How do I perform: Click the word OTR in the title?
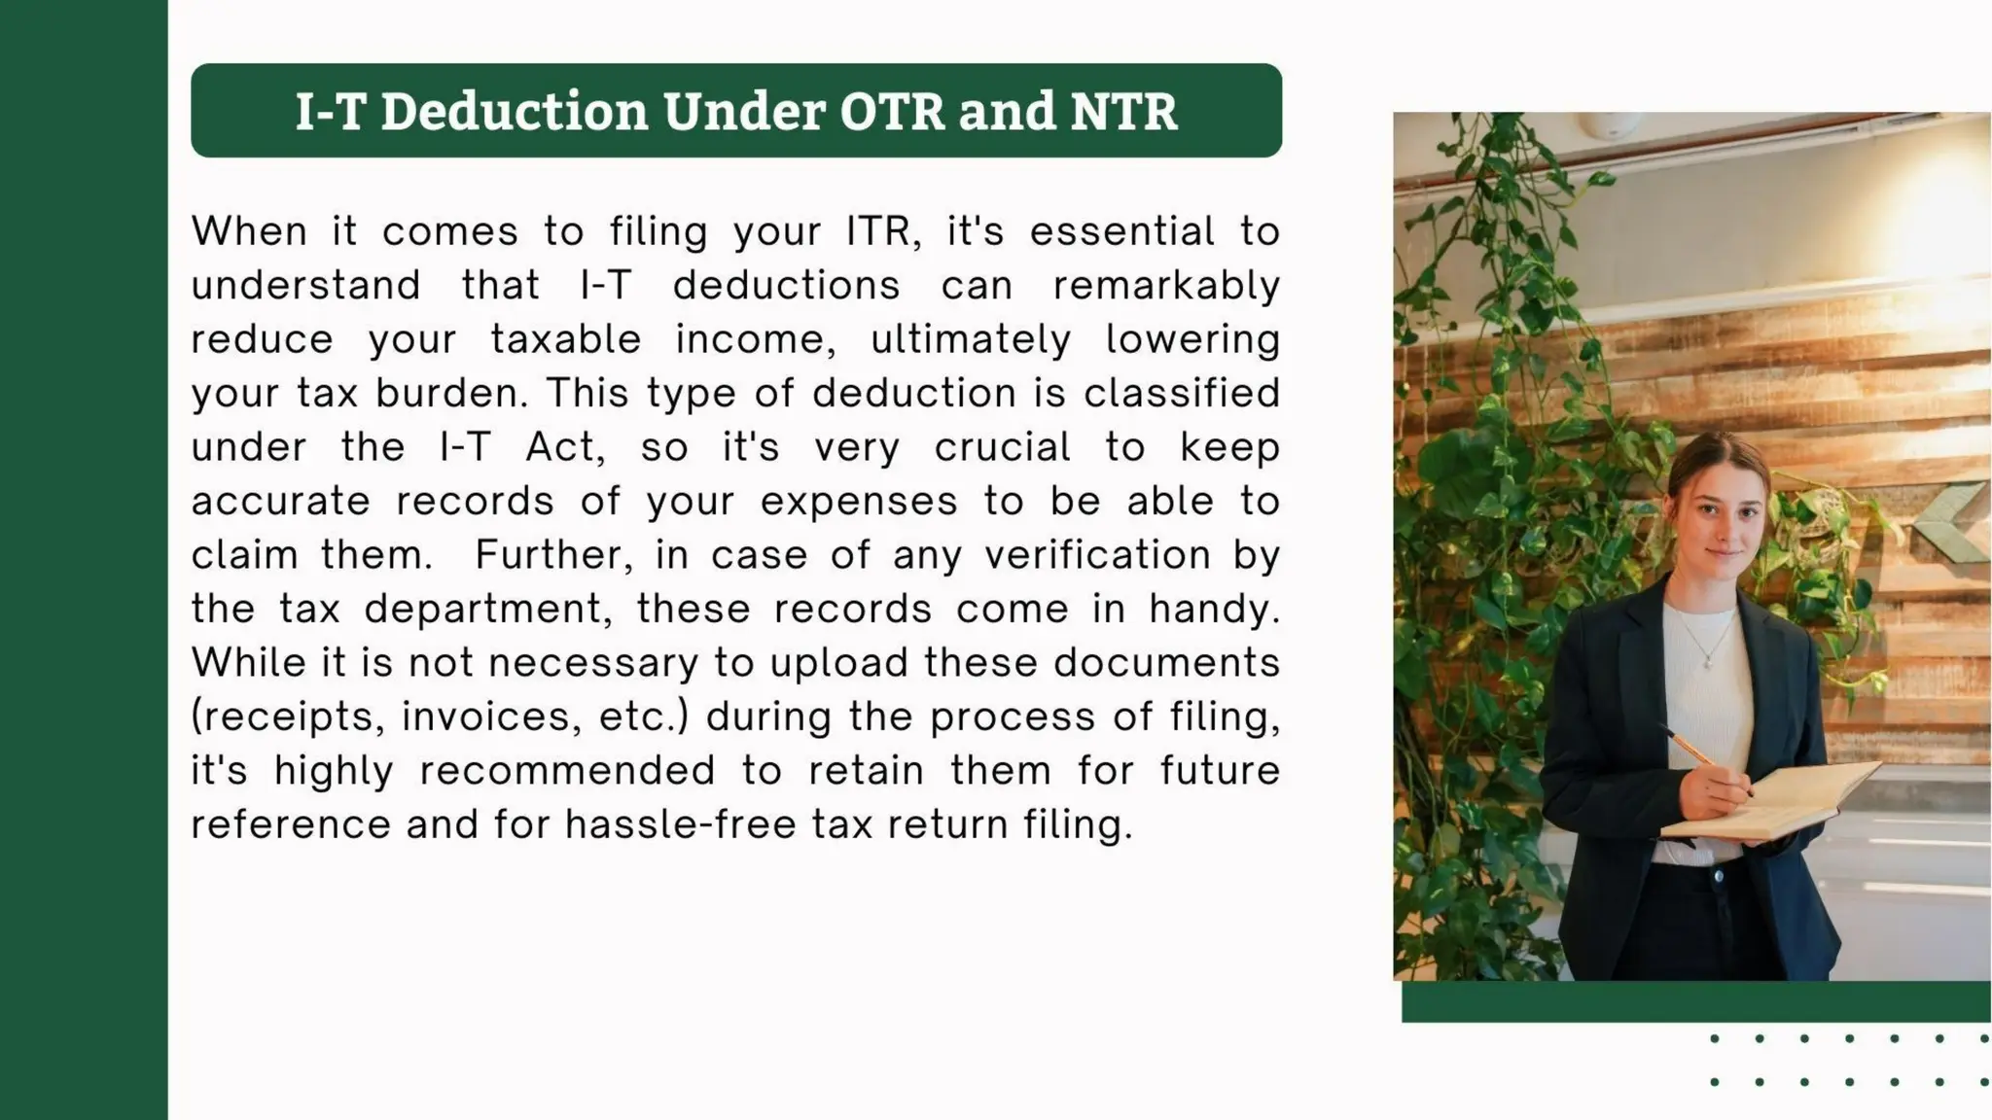pos(892,111)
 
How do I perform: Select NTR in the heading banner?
pos(1123,111)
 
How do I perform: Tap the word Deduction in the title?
pos(514,111)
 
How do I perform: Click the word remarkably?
pos(1166,286)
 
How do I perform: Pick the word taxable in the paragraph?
pos(566,339)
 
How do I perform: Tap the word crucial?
pos(1002,447)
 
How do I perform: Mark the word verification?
pos(1097,555)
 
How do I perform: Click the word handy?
pos(1214,610)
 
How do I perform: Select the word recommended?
pos(567,771)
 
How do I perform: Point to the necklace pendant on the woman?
pos(1708,662)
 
